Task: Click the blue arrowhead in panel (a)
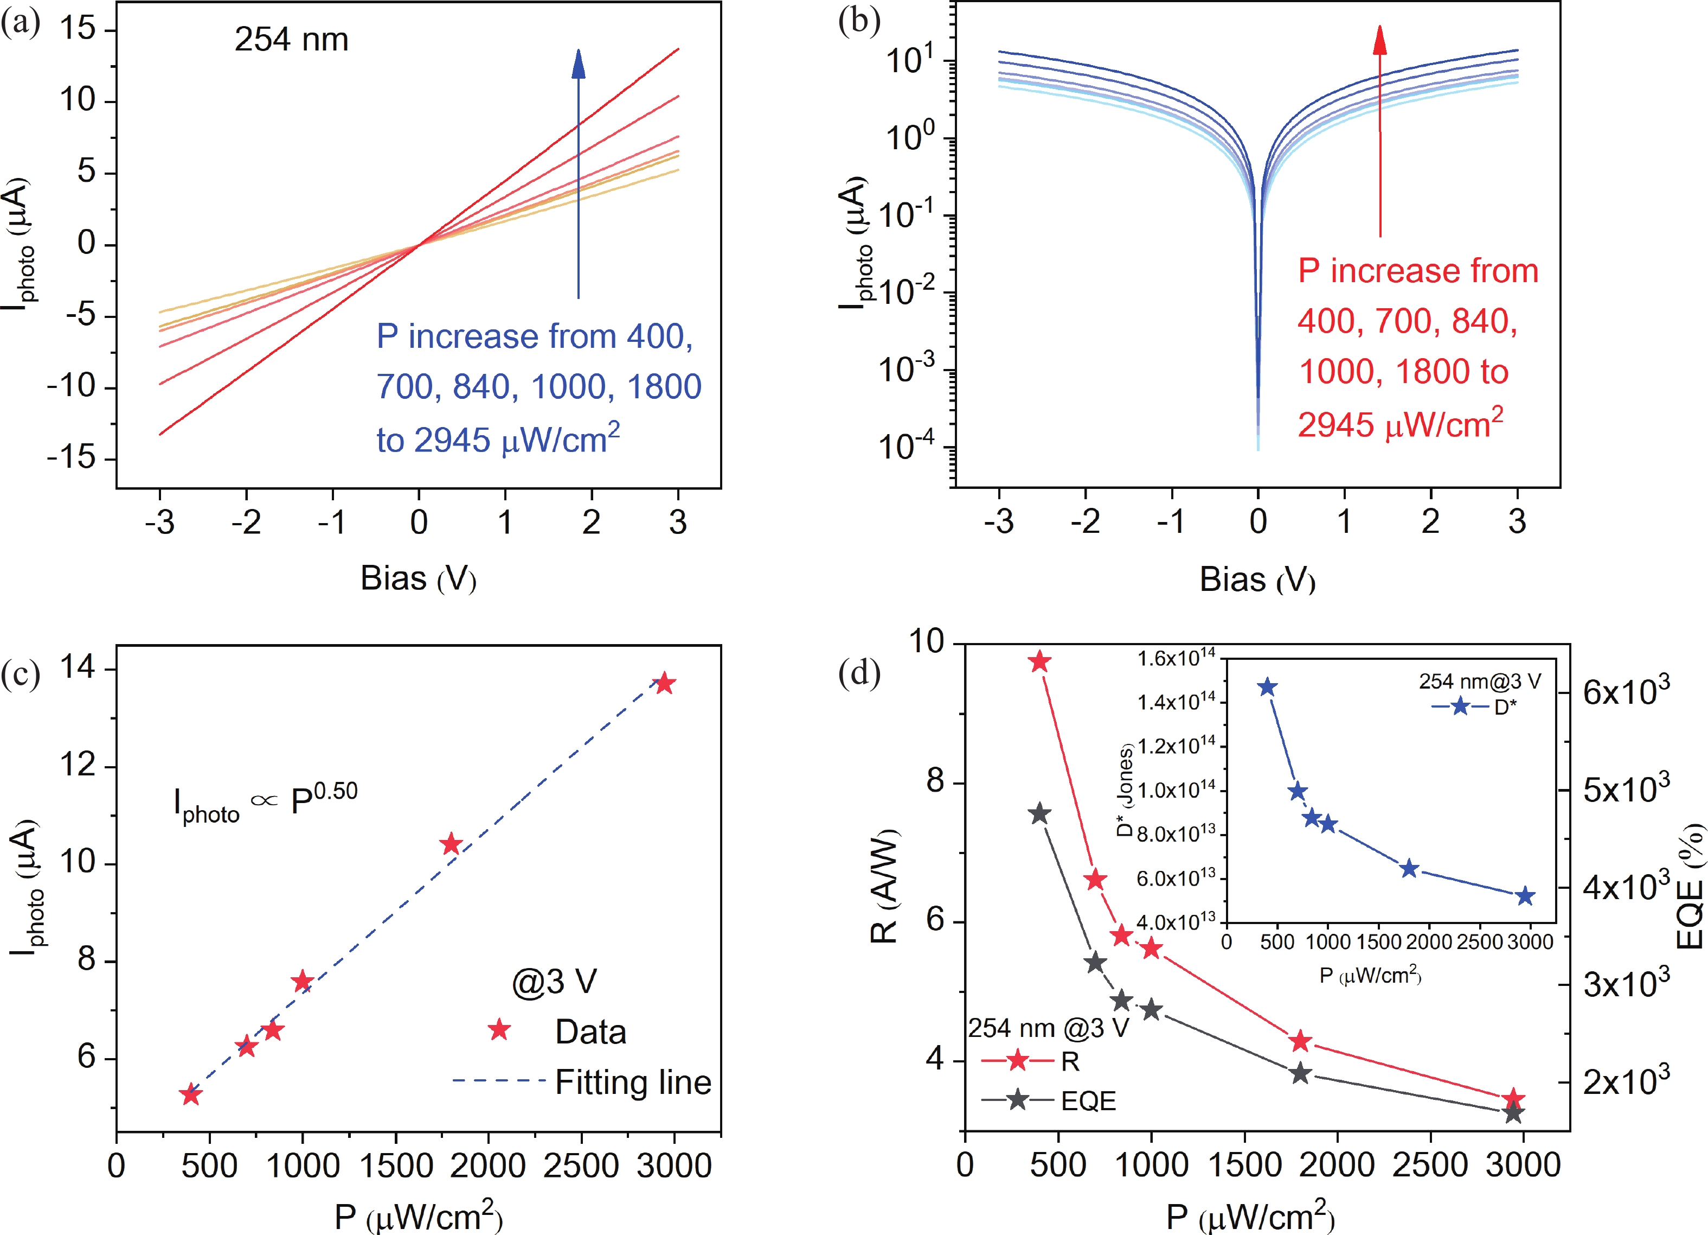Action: click(x=579, y=65)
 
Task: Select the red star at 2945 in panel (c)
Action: click(x=664, y=684)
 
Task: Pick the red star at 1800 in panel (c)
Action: click(x=451, y=844)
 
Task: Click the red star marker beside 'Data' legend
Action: click(x=499, y=1029)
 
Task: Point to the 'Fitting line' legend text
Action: click(x=633, y=1082)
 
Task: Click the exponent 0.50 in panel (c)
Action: click(x=336, y=791)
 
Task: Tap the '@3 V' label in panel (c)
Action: click(x=554, y=981)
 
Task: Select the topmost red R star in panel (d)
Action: click(x=1040, y=661)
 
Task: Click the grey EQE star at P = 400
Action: click(x=1040, y=814)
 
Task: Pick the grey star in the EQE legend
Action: click(x=1017, y=1099)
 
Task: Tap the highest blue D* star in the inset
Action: click(x=1268, y=687)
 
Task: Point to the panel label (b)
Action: click(x=858, y=23)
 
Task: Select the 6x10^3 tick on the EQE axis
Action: click(x=1626, y=691)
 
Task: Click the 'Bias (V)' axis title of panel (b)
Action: click(x=1257, y=580)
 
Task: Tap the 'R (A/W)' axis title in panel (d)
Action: click(x=884, y=886)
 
